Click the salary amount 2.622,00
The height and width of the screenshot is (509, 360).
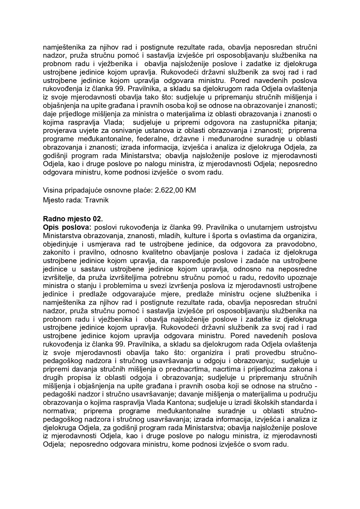coord(169,190)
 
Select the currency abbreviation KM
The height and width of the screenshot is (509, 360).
coord(190,190)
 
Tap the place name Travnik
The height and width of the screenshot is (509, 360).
coord(97,200)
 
